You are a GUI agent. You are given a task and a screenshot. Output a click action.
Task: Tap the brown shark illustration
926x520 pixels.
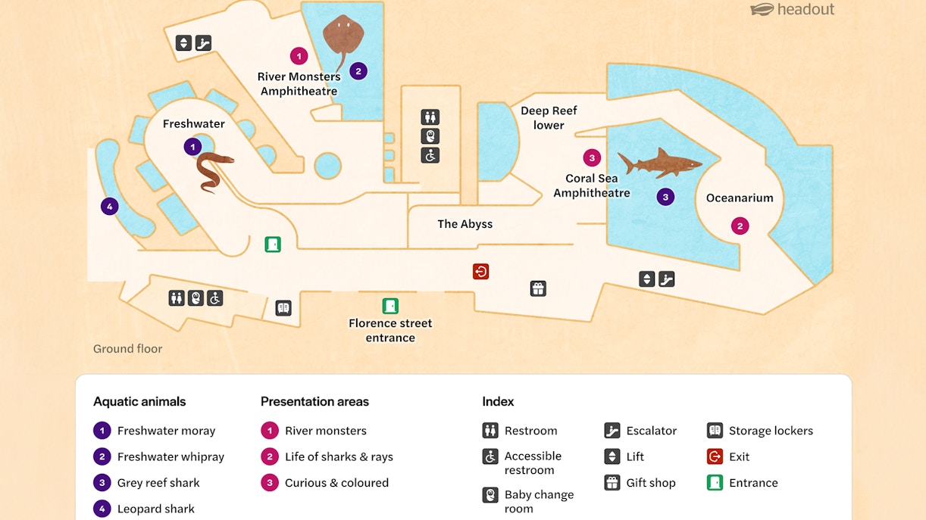[x=658, y=163]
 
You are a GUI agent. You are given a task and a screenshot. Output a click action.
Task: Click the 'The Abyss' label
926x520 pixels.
[x=465, y=224]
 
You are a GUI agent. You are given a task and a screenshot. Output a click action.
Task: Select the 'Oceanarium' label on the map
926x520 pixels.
[x=740, y=198]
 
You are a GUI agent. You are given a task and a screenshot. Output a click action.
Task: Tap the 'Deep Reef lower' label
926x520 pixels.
[x=549, y=118]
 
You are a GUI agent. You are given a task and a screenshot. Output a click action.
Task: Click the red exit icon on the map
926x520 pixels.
[x=480, y=271]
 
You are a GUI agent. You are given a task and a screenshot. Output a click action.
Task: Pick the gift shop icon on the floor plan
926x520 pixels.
[x=538, y=288]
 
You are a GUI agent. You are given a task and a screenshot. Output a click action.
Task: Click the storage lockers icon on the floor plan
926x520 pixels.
[x=283, y=308]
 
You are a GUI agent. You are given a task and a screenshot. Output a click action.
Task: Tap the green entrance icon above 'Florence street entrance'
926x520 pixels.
[x=390, y=306]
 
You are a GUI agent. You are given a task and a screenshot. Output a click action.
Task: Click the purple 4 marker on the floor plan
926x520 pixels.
[x=109, y=206]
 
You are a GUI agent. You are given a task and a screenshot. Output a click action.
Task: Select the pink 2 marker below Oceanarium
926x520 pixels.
[x=740, y=226]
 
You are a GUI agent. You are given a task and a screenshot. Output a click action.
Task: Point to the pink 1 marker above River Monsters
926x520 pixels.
[x=299, y=55]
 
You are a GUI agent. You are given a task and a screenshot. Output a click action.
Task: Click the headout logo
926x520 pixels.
[x=792, y=10]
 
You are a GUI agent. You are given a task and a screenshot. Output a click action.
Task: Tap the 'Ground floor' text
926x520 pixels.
[x=127, y=349]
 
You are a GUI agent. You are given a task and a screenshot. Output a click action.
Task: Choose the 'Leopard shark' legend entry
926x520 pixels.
[x=155, y=509]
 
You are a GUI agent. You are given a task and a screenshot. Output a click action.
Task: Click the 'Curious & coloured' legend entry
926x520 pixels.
[x=336, y=483]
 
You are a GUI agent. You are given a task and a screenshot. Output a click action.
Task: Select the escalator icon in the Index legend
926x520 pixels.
[x=612, y=431]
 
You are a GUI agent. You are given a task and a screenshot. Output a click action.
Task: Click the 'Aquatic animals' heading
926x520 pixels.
[x=139, y=402]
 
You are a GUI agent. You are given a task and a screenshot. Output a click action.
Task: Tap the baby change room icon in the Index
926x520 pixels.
[x=490, y=495]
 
